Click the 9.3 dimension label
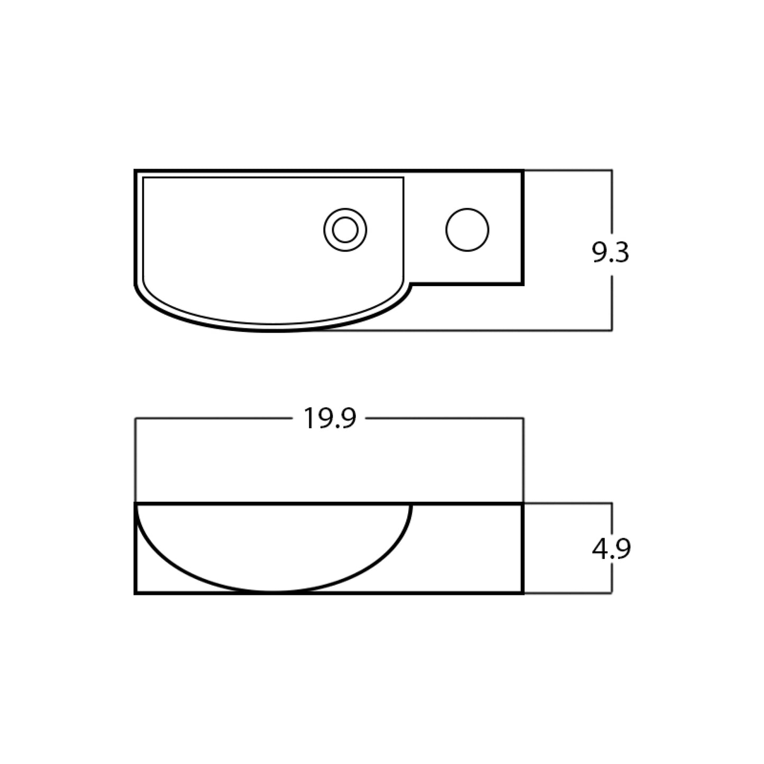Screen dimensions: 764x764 [611, 253]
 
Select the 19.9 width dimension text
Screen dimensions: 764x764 [329, 419]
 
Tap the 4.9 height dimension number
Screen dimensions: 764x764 [611, 549]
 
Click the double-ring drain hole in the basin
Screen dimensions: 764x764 [345, 230]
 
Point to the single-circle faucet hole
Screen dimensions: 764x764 [467, 230]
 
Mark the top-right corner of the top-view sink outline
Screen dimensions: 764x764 [522, 171]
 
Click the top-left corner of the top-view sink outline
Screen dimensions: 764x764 [136, 171]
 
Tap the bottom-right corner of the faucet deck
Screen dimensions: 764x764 [522, 284]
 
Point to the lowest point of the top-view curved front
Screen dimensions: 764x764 [275, 330]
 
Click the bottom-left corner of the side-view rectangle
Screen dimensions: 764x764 [136, 593]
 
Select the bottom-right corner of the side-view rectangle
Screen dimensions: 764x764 [522, 593]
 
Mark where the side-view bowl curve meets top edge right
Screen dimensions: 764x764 [411, 505]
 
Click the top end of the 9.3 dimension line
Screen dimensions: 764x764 [612, 170]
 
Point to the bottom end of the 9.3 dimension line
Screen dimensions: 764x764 [612, 330]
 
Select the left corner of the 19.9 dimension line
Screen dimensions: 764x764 [136, 419]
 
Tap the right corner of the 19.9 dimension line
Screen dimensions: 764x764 [523, 419]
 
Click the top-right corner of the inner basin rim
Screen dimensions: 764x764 [403, 178]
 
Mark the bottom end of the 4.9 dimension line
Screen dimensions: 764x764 [612, 593]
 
